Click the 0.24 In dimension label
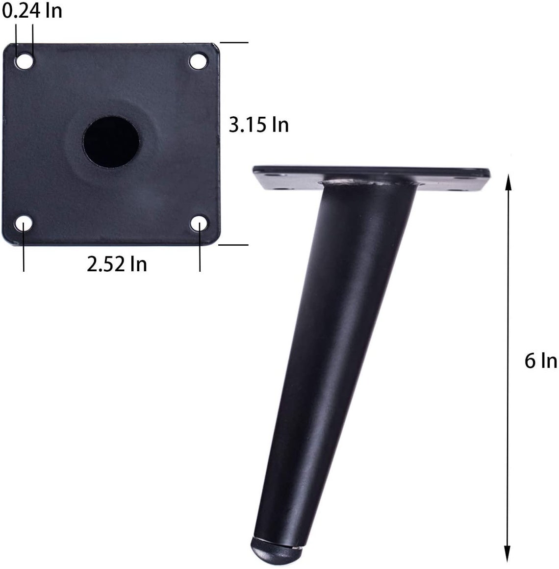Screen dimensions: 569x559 (x=31, y=10)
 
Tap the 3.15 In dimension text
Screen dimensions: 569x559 (x=259, y=125)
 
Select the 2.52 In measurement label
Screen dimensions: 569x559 (x=117, y=264)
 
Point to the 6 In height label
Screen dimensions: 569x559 (x=540, y=362)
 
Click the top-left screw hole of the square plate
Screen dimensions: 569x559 (x=25, y=62)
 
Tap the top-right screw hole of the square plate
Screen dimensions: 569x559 (x=198, y=61)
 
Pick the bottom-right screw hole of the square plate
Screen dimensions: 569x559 (x=199, y=224)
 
